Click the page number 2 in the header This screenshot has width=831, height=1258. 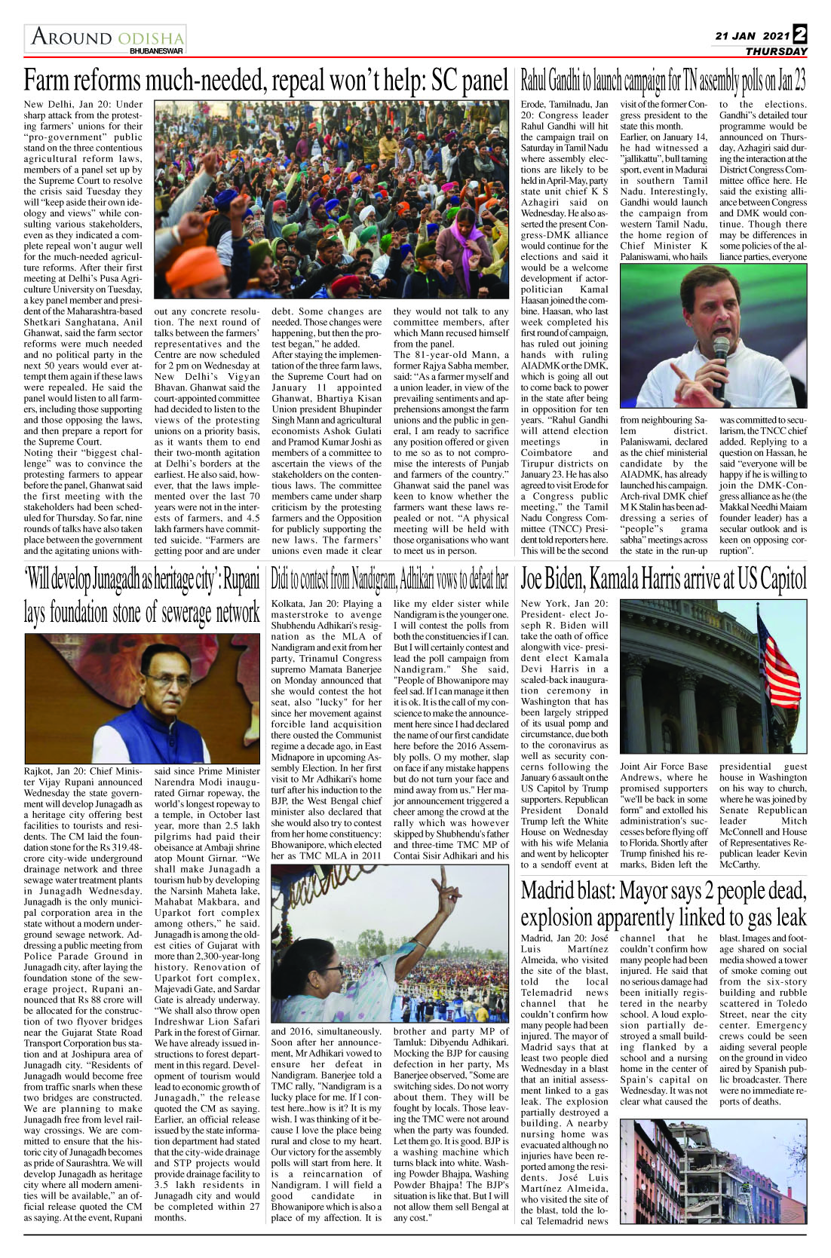tap(799, 35)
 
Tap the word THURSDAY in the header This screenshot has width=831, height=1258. tap(776, 51)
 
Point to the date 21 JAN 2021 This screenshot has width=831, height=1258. tap(752, 35)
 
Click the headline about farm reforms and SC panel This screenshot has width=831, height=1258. tap(265, 81)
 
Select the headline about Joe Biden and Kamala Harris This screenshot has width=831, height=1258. tap(663, 580)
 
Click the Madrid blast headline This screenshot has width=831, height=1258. tap(663, 904)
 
